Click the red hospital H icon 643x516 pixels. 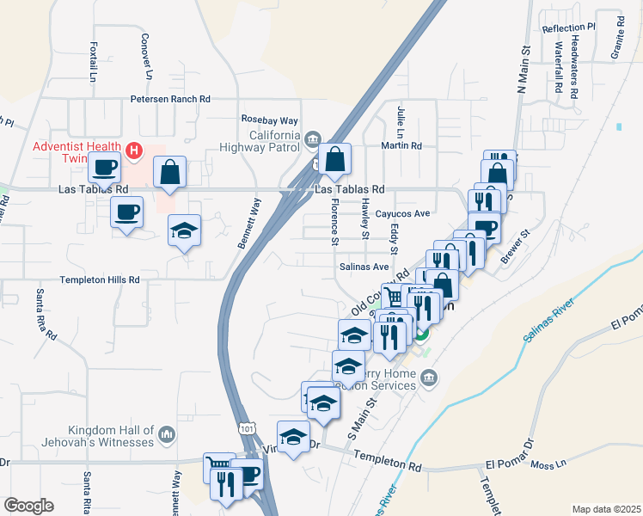(133, 151)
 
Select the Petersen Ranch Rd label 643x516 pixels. (170, 99)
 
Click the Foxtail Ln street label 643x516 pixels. (93, 62)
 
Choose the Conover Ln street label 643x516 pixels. (147, 58)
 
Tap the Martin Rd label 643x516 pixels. (402, 145)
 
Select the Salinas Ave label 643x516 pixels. (362, 267)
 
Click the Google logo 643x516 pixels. (28, 506)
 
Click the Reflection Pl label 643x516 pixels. (568, 28)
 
